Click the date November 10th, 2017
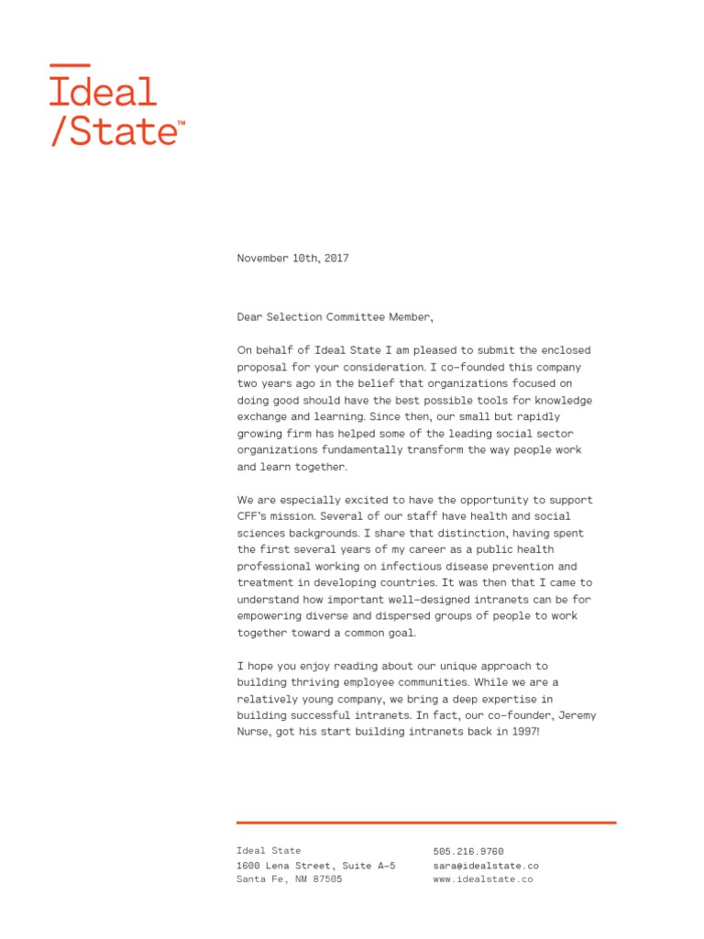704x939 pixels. pyautogui.click(x=292, y=259)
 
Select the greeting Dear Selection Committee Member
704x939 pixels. pyautogui.click(x=334, y=317)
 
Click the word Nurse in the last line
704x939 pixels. pyautogui.click(x=254, y=732)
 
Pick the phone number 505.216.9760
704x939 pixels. pyautogui.click(x=468, y=852)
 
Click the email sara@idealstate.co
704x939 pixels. pyautogui.click(x=486, y=866)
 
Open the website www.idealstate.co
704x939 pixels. pyautogui.click(x=483, y=879)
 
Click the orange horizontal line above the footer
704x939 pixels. pyautogui.click(x=426, y=823)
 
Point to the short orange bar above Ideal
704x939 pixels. pyautogui.click(x=70, y=65)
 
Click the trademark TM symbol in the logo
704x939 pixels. pyautogui.click(x=181, y=122)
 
